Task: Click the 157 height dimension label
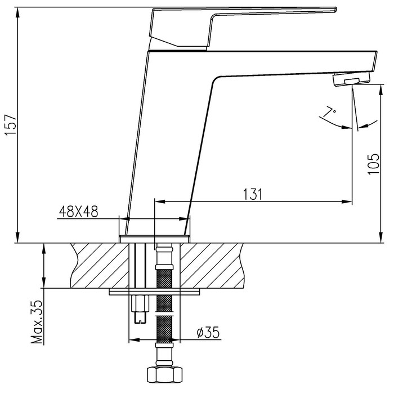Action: pos(11,125)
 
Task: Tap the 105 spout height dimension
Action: pos(373,164)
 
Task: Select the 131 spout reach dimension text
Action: pos(253,194)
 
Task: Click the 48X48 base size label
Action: pos(78,211)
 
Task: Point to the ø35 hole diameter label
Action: pos(208,332)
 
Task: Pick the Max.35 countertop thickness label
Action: pos(37,322)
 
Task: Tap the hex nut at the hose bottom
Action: pos(164,375)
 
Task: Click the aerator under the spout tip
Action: pos(352,79)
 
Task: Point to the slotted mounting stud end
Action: pos(140,317)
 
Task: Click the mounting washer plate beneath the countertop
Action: pos(154,292)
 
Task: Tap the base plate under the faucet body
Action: pos(155,239)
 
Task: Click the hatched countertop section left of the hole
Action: pos(100,265)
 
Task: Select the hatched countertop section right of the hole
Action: pos(212,265)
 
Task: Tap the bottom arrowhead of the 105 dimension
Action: pos(381,237)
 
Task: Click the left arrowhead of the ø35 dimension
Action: pos(134,340)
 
